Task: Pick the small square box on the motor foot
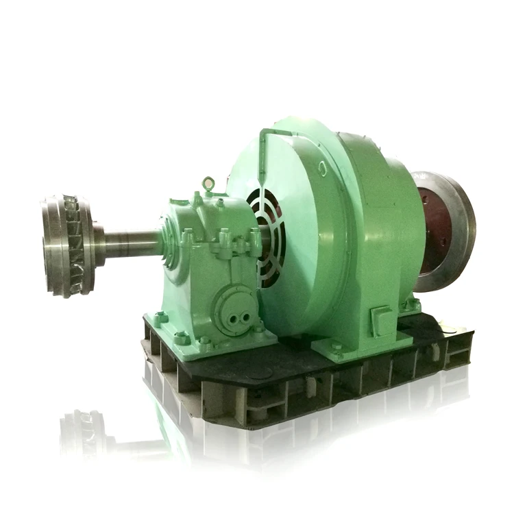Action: point(380,319)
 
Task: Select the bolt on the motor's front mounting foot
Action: point(336,349)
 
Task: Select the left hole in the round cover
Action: point(224,307)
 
